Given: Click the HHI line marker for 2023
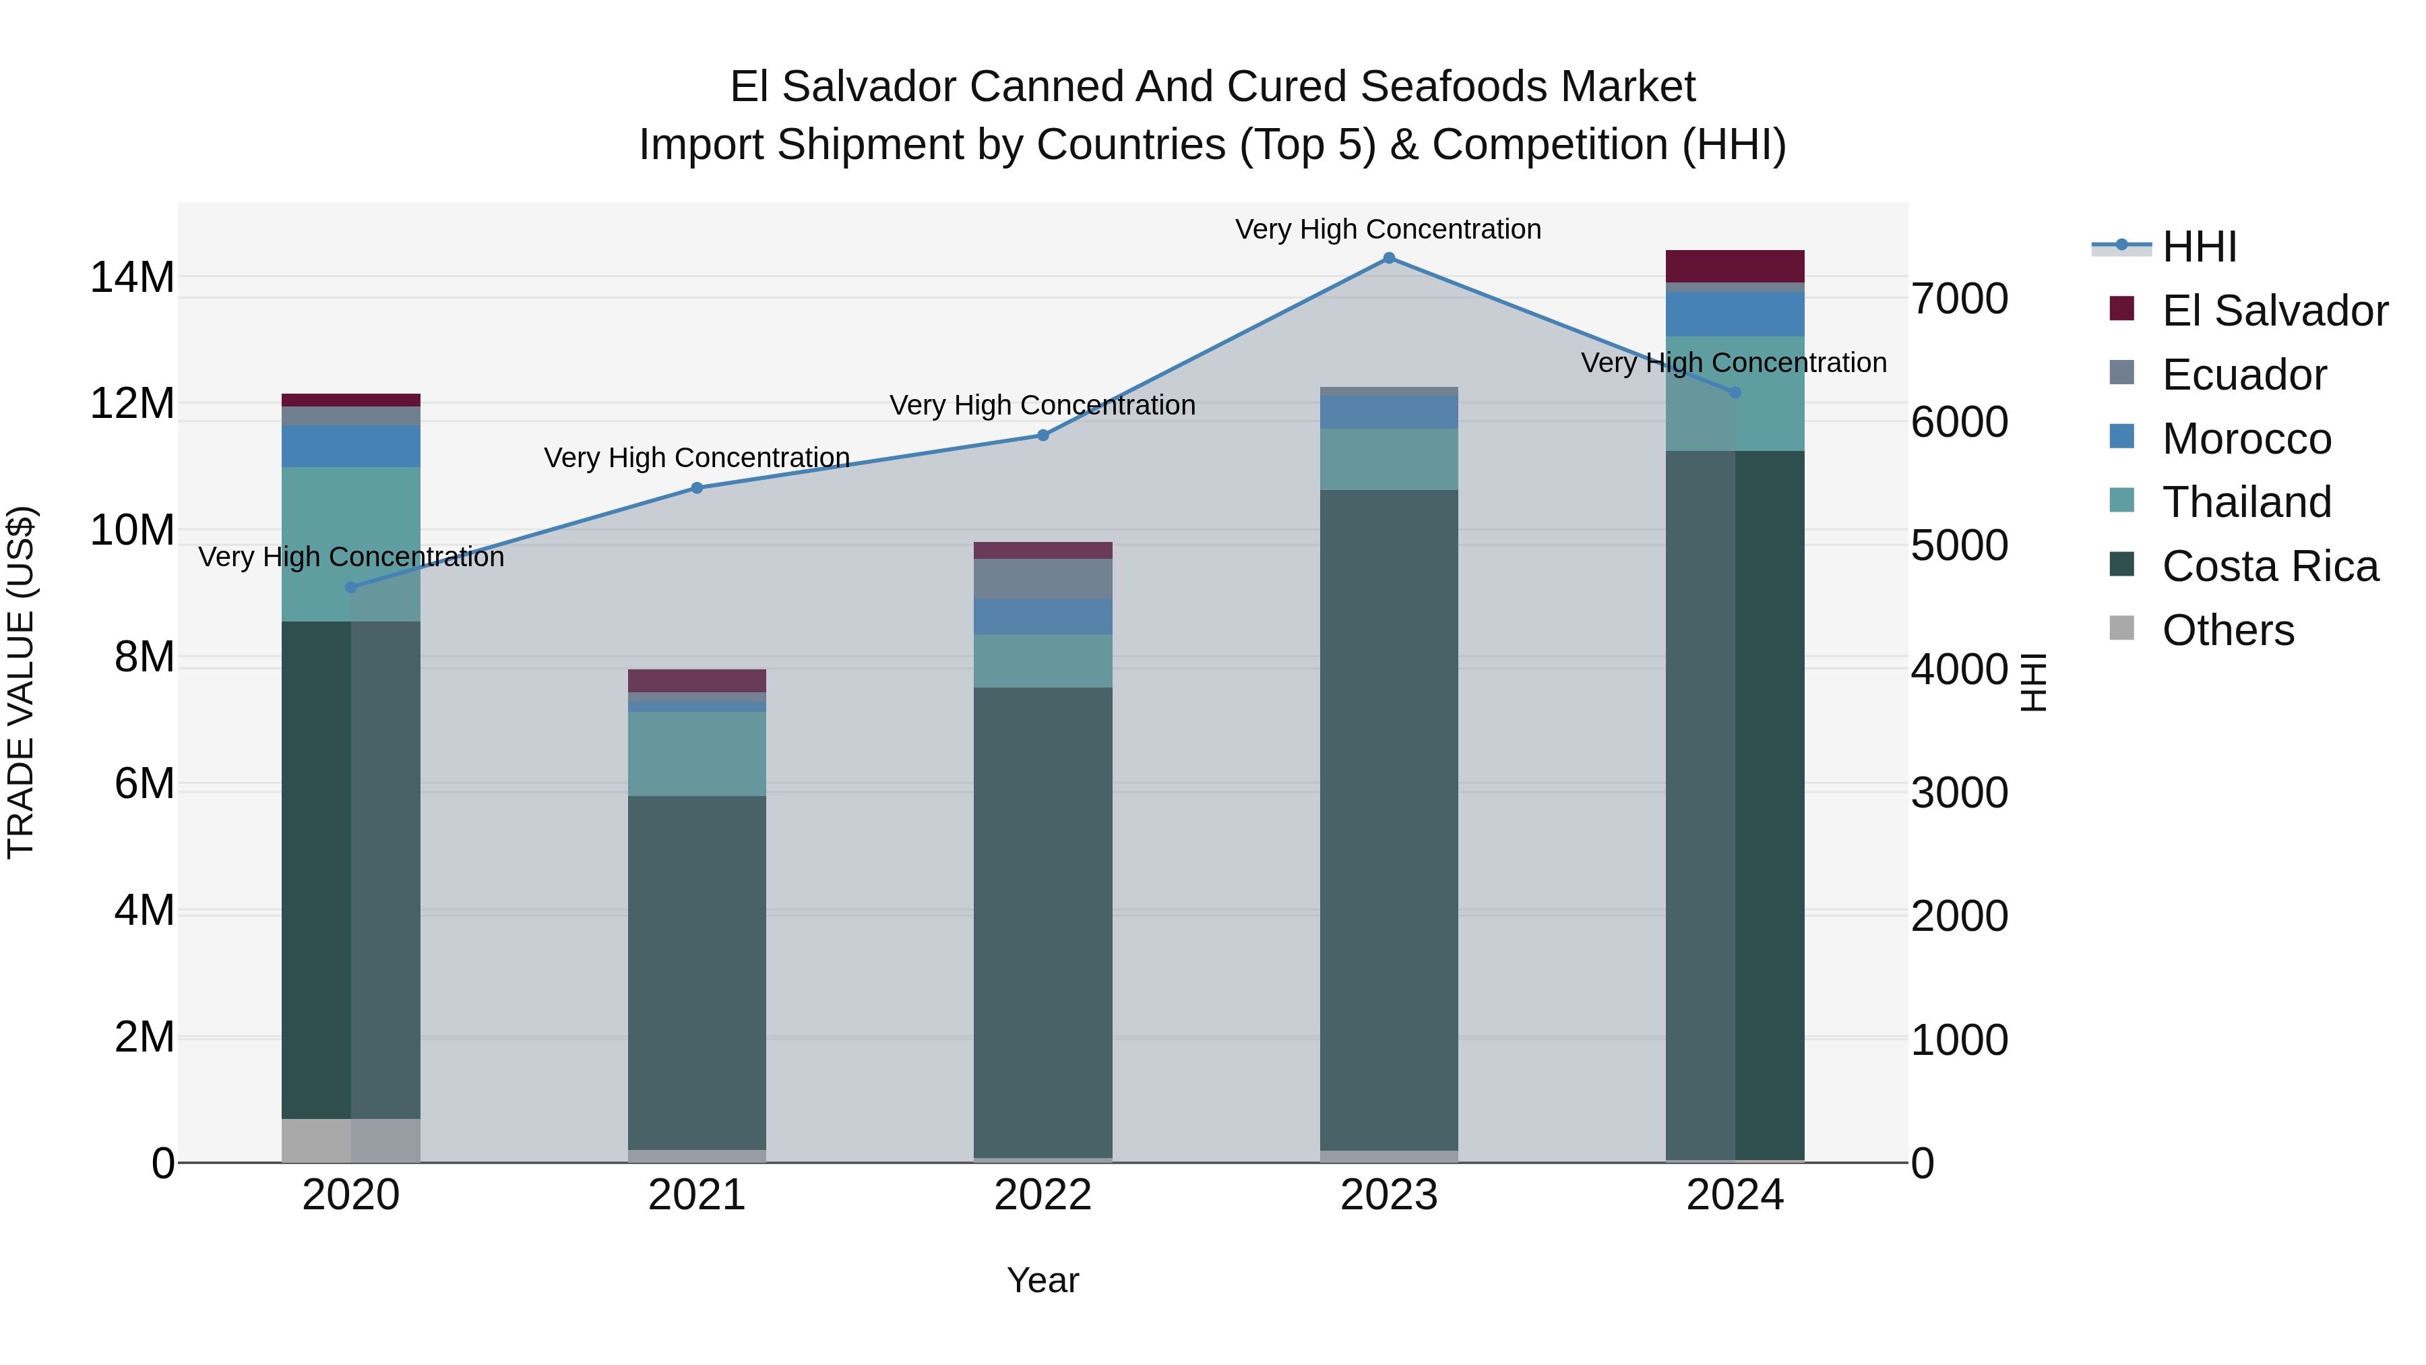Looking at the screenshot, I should (1388, 258).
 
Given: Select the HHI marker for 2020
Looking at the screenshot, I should (351, 587).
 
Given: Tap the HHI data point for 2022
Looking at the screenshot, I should (1043, 435).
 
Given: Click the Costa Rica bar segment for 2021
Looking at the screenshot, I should (697, 970).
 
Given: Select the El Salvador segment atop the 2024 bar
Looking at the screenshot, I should (1735, 266).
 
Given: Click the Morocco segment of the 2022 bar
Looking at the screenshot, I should (1043, 616).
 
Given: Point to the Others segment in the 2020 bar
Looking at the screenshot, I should (351, 1140).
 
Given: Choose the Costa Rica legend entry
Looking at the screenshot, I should (2270, 566).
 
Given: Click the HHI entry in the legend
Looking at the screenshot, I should (2198, 247).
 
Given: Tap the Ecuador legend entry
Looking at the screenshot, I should (2243, 375).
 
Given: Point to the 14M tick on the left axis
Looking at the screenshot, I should (132, 277).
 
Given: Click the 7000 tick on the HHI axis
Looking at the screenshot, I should (1959, 299).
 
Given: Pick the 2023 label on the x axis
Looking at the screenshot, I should (1388, 1195).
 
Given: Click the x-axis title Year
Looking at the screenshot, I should (1043, 1280).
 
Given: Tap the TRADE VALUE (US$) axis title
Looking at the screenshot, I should (21, 682).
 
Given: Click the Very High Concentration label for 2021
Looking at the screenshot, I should (697, 458).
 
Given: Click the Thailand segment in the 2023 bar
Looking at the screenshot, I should (1388, 459).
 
